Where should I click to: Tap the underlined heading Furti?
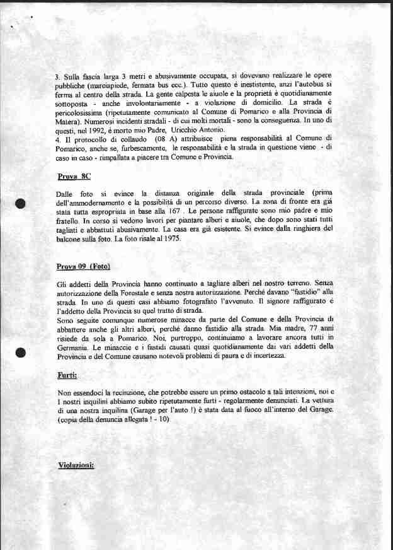click(67, 376)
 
